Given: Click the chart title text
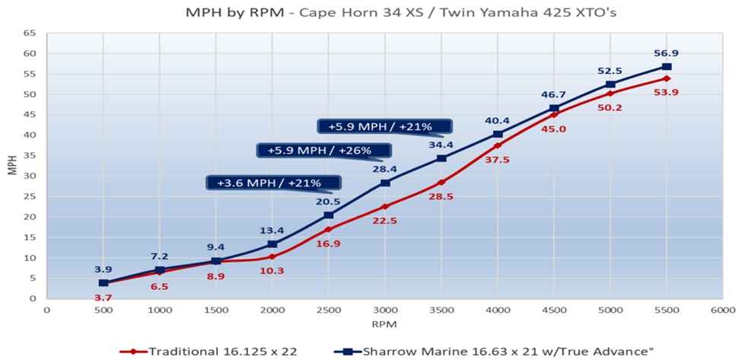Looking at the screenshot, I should (x=371, y=13).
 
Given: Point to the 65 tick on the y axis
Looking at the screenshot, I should (x=30, y=33).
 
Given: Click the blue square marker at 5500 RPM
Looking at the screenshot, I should (x=667, y=67).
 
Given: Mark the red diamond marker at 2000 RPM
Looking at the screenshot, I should (x=272, y=256).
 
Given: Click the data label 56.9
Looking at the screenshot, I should (x=667, y=53).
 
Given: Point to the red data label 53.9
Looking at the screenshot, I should (x=667, y=92).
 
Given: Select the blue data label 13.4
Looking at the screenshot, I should (x=272, y=231).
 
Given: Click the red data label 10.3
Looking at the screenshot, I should (x=272, y=271).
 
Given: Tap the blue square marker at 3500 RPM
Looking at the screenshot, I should (x=441, y=158).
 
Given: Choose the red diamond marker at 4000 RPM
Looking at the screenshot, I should (x=498, y=145).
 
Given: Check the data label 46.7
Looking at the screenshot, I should (x=553, y=94).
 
